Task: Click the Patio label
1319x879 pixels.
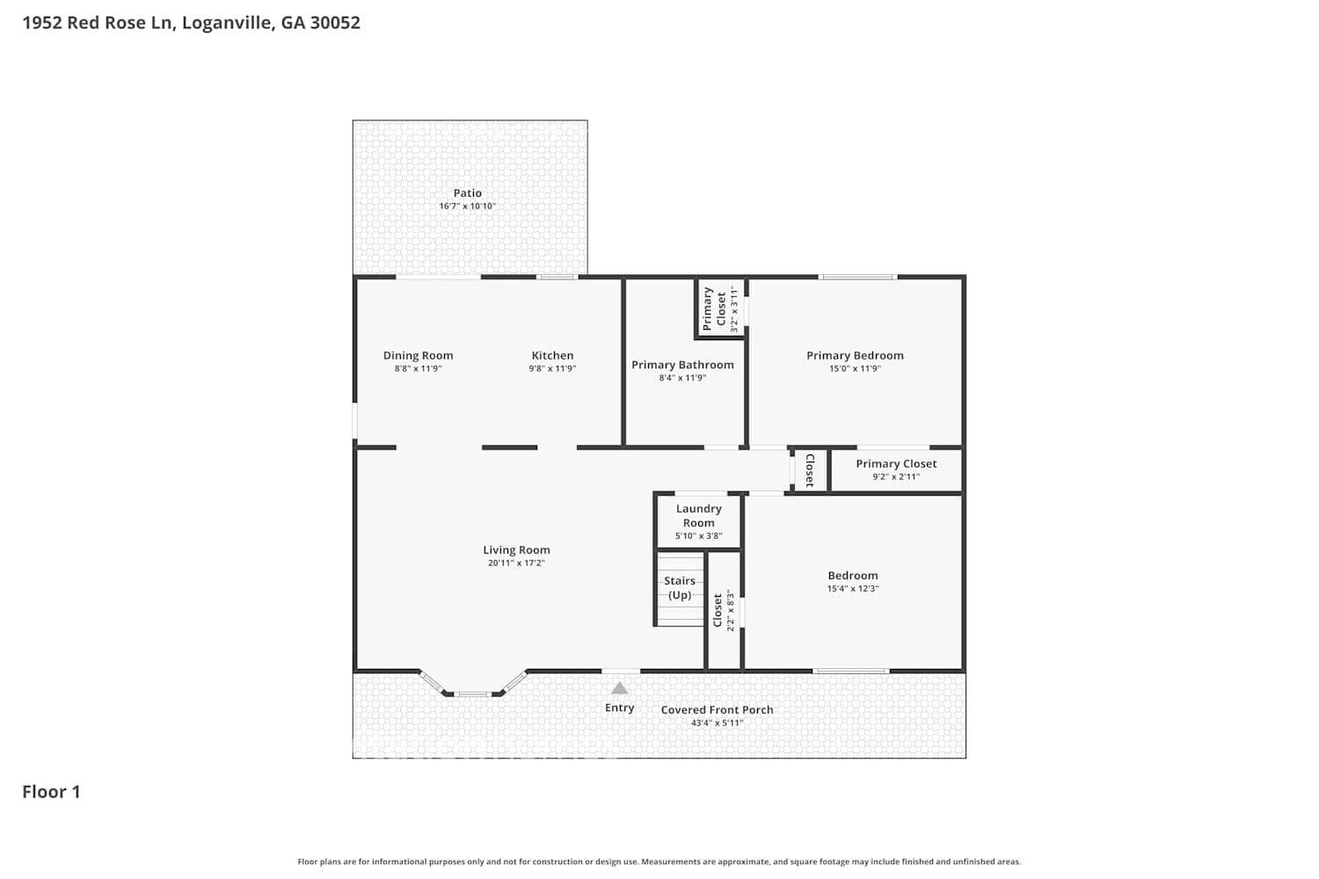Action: tap(467, 193)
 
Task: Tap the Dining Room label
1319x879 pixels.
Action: tap(418, 356)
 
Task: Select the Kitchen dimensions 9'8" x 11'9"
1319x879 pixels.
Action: tap(551, 368)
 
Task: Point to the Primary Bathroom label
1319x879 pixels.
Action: tap(682, 365)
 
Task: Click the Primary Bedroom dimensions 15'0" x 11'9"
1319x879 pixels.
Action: tap(855, 368)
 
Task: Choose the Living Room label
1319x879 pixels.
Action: tap(516, 550)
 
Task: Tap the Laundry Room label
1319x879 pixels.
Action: tap(698, 516)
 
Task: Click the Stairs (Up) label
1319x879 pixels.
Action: tap(680, 588)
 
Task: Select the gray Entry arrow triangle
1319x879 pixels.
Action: tap(619, 688)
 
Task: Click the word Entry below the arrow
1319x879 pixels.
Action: tap(619, 708)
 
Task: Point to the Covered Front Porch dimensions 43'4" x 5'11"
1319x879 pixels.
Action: tap(717, 723)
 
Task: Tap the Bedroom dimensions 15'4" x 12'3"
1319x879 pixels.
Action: tap(853, 589)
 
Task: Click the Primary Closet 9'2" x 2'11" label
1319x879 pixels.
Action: tap(896, 469)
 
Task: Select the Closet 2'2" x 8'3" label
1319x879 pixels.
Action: tap(723, 611)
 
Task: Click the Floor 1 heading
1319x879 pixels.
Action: tap(51, 792)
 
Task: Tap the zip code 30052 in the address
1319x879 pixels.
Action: tap(335, 22)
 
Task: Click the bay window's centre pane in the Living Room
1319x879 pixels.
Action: tap(472, 694)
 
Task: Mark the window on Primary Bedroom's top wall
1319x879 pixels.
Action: tap(857, 277)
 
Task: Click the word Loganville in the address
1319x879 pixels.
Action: tap(227, 22)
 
